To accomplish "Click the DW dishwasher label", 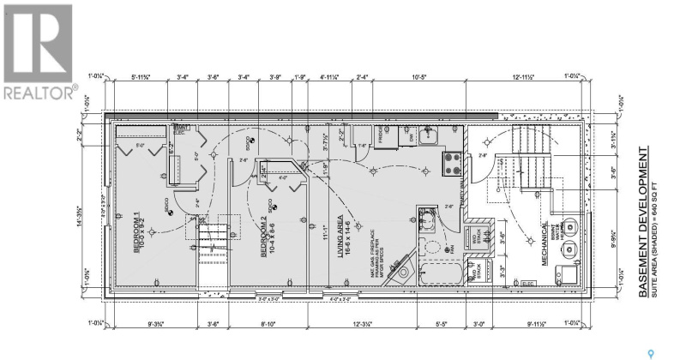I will tap(412, 135).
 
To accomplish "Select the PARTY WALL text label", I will tap(463, 189).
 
